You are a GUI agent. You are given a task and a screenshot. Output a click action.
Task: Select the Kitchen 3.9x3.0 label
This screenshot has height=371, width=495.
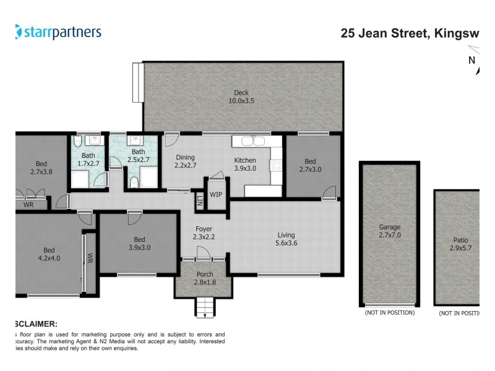coord(244,164)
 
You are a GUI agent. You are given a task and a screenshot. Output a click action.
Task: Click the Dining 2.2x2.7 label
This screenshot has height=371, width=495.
coord(185,161)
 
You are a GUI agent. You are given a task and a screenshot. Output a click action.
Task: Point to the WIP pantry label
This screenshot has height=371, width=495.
coord(216,194)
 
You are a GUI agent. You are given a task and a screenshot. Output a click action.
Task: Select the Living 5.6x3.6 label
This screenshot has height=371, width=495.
coord(286,239)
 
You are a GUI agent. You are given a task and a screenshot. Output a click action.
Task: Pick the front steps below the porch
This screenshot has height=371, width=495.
coord(204,305)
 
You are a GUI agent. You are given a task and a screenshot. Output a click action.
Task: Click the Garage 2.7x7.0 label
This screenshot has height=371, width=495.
coord(390,231)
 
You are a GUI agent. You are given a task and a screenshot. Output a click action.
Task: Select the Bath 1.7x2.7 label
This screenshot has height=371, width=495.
coord(88,160)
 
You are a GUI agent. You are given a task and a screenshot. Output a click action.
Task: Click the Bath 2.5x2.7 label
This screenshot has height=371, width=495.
coord(139,156)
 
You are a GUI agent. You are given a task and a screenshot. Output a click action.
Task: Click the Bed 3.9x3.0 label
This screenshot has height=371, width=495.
coord(139,244)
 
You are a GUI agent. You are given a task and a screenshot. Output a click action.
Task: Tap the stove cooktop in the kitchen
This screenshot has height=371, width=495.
coord(276,166)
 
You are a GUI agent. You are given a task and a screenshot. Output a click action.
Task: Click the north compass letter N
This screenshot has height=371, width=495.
coord(471,60)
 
